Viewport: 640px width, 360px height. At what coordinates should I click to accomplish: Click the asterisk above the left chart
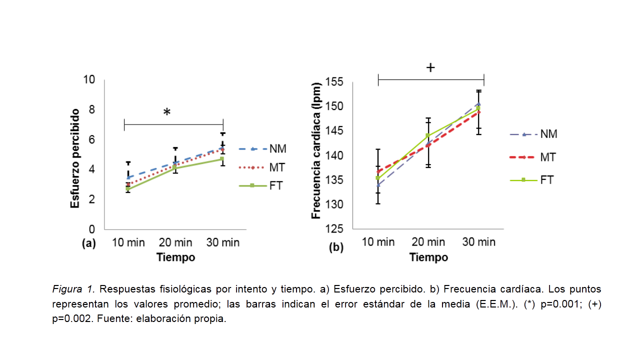tap(166, 112)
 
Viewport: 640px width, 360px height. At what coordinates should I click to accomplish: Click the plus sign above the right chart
tap(430, 68)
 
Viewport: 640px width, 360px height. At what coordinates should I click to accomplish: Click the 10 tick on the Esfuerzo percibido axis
tap(89, 79)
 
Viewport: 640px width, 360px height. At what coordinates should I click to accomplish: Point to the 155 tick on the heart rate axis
tap(334, 81)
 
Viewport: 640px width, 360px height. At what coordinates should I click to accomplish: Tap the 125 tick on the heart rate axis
tap(334, 229)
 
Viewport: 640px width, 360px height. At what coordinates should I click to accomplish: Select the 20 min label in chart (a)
tap(175, 243)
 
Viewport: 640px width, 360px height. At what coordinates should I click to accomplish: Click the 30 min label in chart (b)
tap(478, 242)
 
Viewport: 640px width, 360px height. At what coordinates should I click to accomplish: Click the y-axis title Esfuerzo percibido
tap(75, 158)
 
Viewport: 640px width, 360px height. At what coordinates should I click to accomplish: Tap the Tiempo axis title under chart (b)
tap(428, 258)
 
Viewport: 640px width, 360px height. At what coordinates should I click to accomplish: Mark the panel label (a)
tap(88, 244)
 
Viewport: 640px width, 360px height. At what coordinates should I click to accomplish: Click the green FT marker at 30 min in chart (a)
tap(222, 159)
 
